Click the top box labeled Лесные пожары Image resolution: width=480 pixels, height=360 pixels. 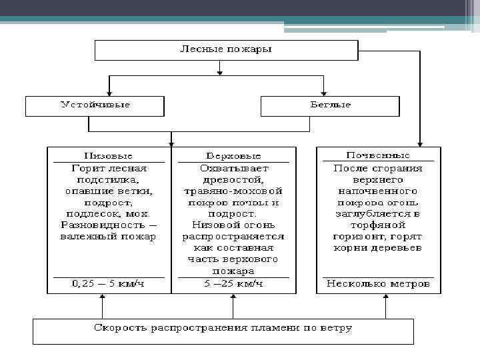227,50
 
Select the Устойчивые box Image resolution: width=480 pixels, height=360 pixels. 95,105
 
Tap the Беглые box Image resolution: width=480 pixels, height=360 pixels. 329,105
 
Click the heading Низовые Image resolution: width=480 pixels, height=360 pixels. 108,156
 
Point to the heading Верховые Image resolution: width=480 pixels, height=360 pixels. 233,156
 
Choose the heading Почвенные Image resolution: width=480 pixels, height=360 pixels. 379,156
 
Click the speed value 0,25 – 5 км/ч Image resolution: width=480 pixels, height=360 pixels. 108,284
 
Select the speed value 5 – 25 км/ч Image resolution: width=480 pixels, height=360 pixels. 233,284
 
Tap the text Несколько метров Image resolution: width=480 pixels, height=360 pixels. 378,284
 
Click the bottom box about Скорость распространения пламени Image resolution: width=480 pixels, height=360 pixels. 223,328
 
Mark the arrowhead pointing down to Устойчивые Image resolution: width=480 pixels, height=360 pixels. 108,93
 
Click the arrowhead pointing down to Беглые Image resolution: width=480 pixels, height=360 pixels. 324,93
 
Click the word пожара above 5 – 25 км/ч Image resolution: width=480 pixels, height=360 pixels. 233,271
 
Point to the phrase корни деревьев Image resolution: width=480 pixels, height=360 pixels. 378,247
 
